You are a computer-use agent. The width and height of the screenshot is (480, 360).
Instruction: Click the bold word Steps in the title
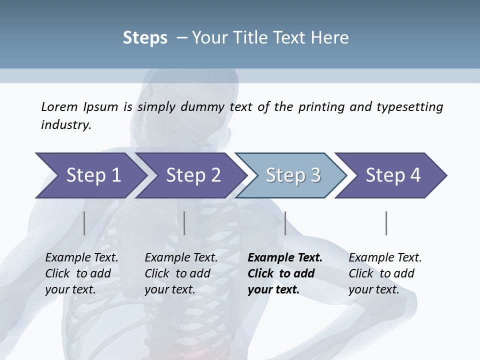point(145,38)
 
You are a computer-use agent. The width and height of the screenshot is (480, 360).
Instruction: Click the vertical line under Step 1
point(84,223)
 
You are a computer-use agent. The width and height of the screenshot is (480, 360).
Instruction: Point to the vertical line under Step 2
point(184,223)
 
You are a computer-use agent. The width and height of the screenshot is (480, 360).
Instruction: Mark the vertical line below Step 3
point(285,223)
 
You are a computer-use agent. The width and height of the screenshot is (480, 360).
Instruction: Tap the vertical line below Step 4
point(386,223)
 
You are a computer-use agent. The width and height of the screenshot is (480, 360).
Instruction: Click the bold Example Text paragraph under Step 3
point(284,273)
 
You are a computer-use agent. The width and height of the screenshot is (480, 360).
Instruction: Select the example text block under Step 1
point(81,273)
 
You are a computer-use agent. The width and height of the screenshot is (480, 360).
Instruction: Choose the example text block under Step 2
point(180,273)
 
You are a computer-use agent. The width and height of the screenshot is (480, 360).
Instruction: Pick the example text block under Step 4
point(384,273)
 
